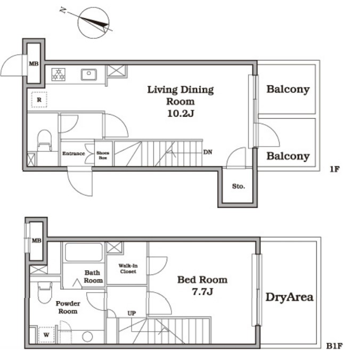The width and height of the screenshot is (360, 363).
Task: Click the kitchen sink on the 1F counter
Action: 89,75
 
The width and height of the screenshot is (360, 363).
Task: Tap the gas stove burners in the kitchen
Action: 58,75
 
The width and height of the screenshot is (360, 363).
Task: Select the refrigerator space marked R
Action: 39,100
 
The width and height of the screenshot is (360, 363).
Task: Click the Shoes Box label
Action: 103,155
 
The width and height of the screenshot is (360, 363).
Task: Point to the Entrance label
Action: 73,154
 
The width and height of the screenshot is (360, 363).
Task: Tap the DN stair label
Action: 208,152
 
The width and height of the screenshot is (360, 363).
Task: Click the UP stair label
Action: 132,313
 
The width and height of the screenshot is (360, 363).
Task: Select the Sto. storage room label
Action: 239,186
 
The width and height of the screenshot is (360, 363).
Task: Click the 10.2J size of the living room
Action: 181,114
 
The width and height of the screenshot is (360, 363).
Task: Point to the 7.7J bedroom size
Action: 202,292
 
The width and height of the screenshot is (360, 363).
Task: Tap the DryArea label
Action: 289,297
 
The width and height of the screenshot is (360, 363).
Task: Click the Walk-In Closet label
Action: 128,269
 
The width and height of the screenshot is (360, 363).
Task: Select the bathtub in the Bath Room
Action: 84,252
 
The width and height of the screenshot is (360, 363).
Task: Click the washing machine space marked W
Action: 46,335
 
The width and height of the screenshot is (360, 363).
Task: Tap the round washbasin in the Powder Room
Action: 87,337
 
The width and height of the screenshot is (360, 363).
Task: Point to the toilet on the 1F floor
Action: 44,141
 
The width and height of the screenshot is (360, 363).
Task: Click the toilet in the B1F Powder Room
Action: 45,293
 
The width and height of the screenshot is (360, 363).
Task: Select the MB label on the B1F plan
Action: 37,240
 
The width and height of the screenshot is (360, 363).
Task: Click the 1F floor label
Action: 334,169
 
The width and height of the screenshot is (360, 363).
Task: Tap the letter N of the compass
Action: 62,10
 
